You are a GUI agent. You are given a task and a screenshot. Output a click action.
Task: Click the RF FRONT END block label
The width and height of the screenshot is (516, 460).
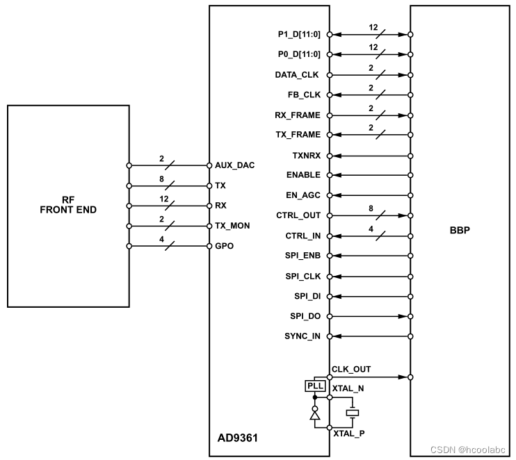pyautogui.click(x=67, y=204)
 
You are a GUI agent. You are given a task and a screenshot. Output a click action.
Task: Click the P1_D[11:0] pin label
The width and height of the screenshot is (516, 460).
pyautogui.click(x=298, y=34)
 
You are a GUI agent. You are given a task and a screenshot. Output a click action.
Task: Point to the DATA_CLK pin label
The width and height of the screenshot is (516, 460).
pyautogui.click(x=297, y=74)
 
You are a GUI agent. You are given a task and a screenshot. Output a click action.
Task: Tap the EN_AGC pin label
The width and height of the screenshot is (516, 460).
pyautogui.click(x=303, y=196)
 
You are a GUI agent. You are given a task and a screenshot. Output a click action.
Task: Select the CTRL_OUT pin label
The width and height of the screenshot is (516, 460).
pyautogui.click(x=299, y=216)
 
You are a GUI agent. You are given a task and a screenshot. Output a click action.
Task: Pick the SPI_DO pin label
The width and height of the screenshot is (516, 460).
pyautogui.click(x=305, y=317)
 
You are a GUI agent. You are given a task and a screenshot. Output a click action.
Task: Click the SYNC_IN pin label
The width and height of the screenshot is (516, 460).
pyautogui.click(x=303, y=337)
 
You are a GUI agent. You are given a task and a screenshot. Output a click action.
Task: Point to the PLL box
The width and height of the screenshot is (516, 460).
pyautogui.click(x=315, y=386)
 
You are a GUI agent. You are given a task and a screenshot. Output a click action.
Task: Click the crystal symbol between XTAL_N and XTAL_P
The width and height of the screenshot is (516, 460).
pyautogui.click(x=353, y=412)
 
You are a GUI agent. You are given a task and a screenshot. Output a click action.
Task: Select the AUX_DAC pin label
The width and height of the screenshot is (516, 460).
pyautogui.click(x=235, y=165)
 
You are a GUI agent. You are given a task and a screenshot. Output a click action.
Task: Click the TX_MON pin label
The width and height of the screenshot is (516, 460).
pyautogui.click(x=232, y=227)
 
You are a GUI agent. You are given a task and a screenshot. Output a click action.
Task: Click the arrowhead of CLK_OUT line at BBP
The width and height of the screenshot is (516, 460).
pyautogui.click(x=403, y=377)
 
